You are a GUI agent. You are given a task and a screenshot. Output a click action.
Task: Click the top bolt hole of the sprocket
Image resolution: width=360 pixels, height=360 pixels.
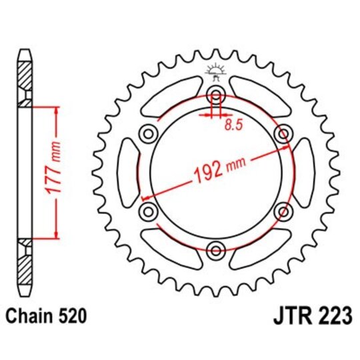click(216, 93)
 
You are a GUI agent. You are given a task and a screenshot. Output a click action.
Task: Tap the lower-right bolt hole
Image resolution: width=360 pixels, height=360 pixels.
click(283, 211)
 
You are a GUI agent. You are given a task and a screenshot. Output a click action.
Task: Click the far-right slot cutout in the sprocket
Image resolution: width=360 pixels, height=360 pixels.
click(305, 171)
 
